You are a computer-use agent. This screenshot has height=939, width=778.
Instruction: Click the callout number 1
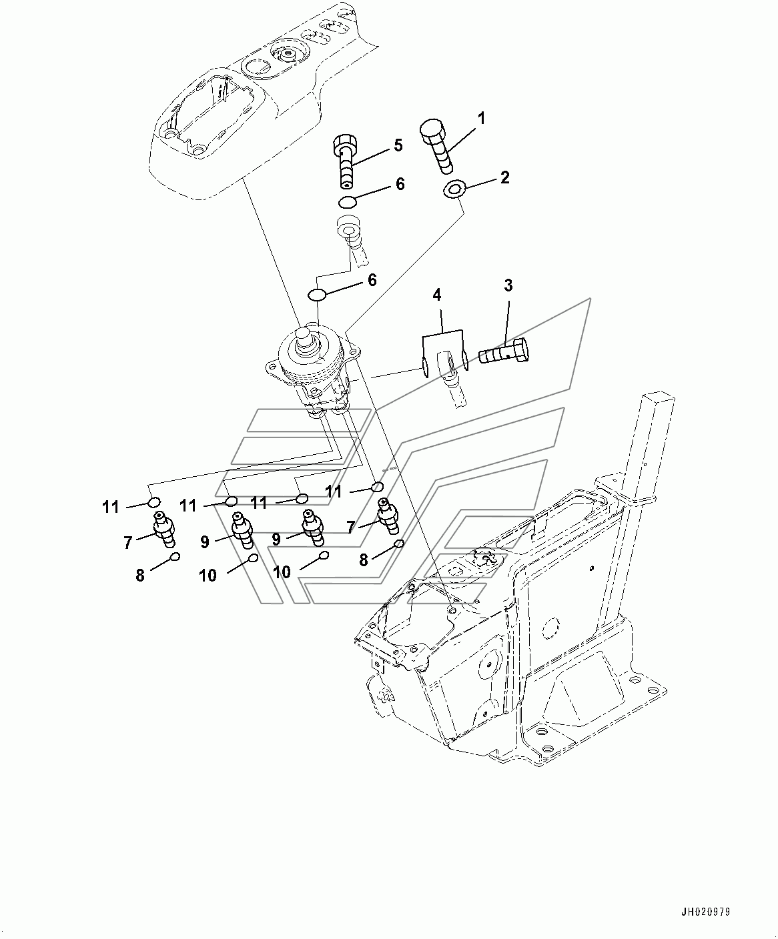[x=481, y=119]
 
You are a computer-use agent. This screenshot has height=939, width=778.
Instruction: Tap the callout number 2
[x=505, y=177]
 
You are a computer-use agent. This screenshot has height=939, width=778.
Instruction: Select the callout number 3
[x=508, y=285]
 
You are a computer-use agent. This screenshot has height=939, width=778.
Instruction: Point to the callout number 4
[x=436, y=295]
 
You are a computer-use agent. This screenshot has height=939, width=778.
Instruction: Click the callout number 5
[x=398, y=145]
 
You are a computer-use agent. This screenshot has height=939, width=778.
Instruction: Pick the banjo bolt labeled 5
[x=346, y=161]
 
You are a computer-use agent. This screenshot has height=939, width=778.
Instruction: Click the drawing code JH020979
[x=705, y=912]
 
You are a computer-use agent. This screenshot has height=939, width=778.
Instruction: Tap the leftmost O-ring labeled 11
[x=154, y=502]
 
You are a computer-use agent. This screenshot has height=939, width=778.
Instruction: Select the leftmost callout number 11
[x=111, y=507]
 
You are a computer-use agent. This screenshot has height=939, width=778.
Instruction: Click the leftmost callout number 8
[x=140, y=575]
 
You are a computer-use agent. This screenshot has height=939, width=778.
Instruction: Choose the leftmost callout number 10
[x=208, y=575]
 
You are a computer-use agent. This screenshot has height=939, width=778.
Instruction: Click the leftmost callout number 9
[x=205, y=542]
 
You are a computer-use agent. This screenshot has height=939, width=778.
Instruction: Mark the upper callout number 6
[x=400, y=184]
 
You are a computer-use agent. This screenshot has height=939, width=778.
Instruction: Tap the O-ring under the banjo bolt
[x=348, y=202]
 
